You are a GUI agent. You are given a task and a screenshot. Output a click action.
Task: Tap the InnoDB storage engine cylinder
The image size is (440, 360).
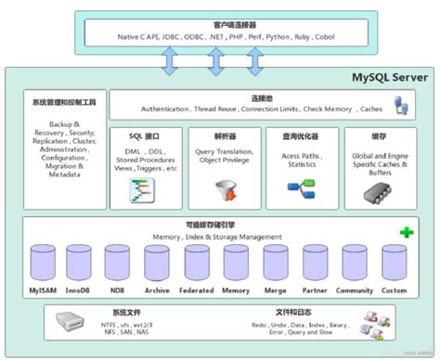click(80, 266)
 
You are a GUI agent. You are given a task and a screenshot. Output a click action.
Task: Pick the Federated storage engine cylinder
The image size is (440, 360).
click(197, 266)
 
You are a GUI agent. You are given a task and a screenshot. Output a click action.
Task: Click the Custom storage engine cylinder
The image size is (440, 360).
click(394, 266)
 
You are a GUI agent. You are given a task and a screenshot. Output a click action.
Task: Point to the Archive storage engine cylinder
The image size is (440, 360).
click(157, 266)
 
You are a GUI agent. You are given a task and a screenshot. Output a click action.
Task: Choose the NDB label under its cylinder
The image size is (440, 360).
click(118, 290)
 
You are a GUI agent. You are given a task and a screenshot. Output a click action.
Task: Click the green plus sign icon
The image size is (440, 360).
click(407, 232)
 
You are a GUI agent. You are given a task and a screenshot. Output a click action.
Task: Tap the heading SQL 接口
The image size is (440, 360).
click(149, 135)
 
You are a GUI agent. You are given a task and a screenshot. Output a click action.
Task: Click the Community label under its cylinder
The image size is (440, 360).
click(354, 290)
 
